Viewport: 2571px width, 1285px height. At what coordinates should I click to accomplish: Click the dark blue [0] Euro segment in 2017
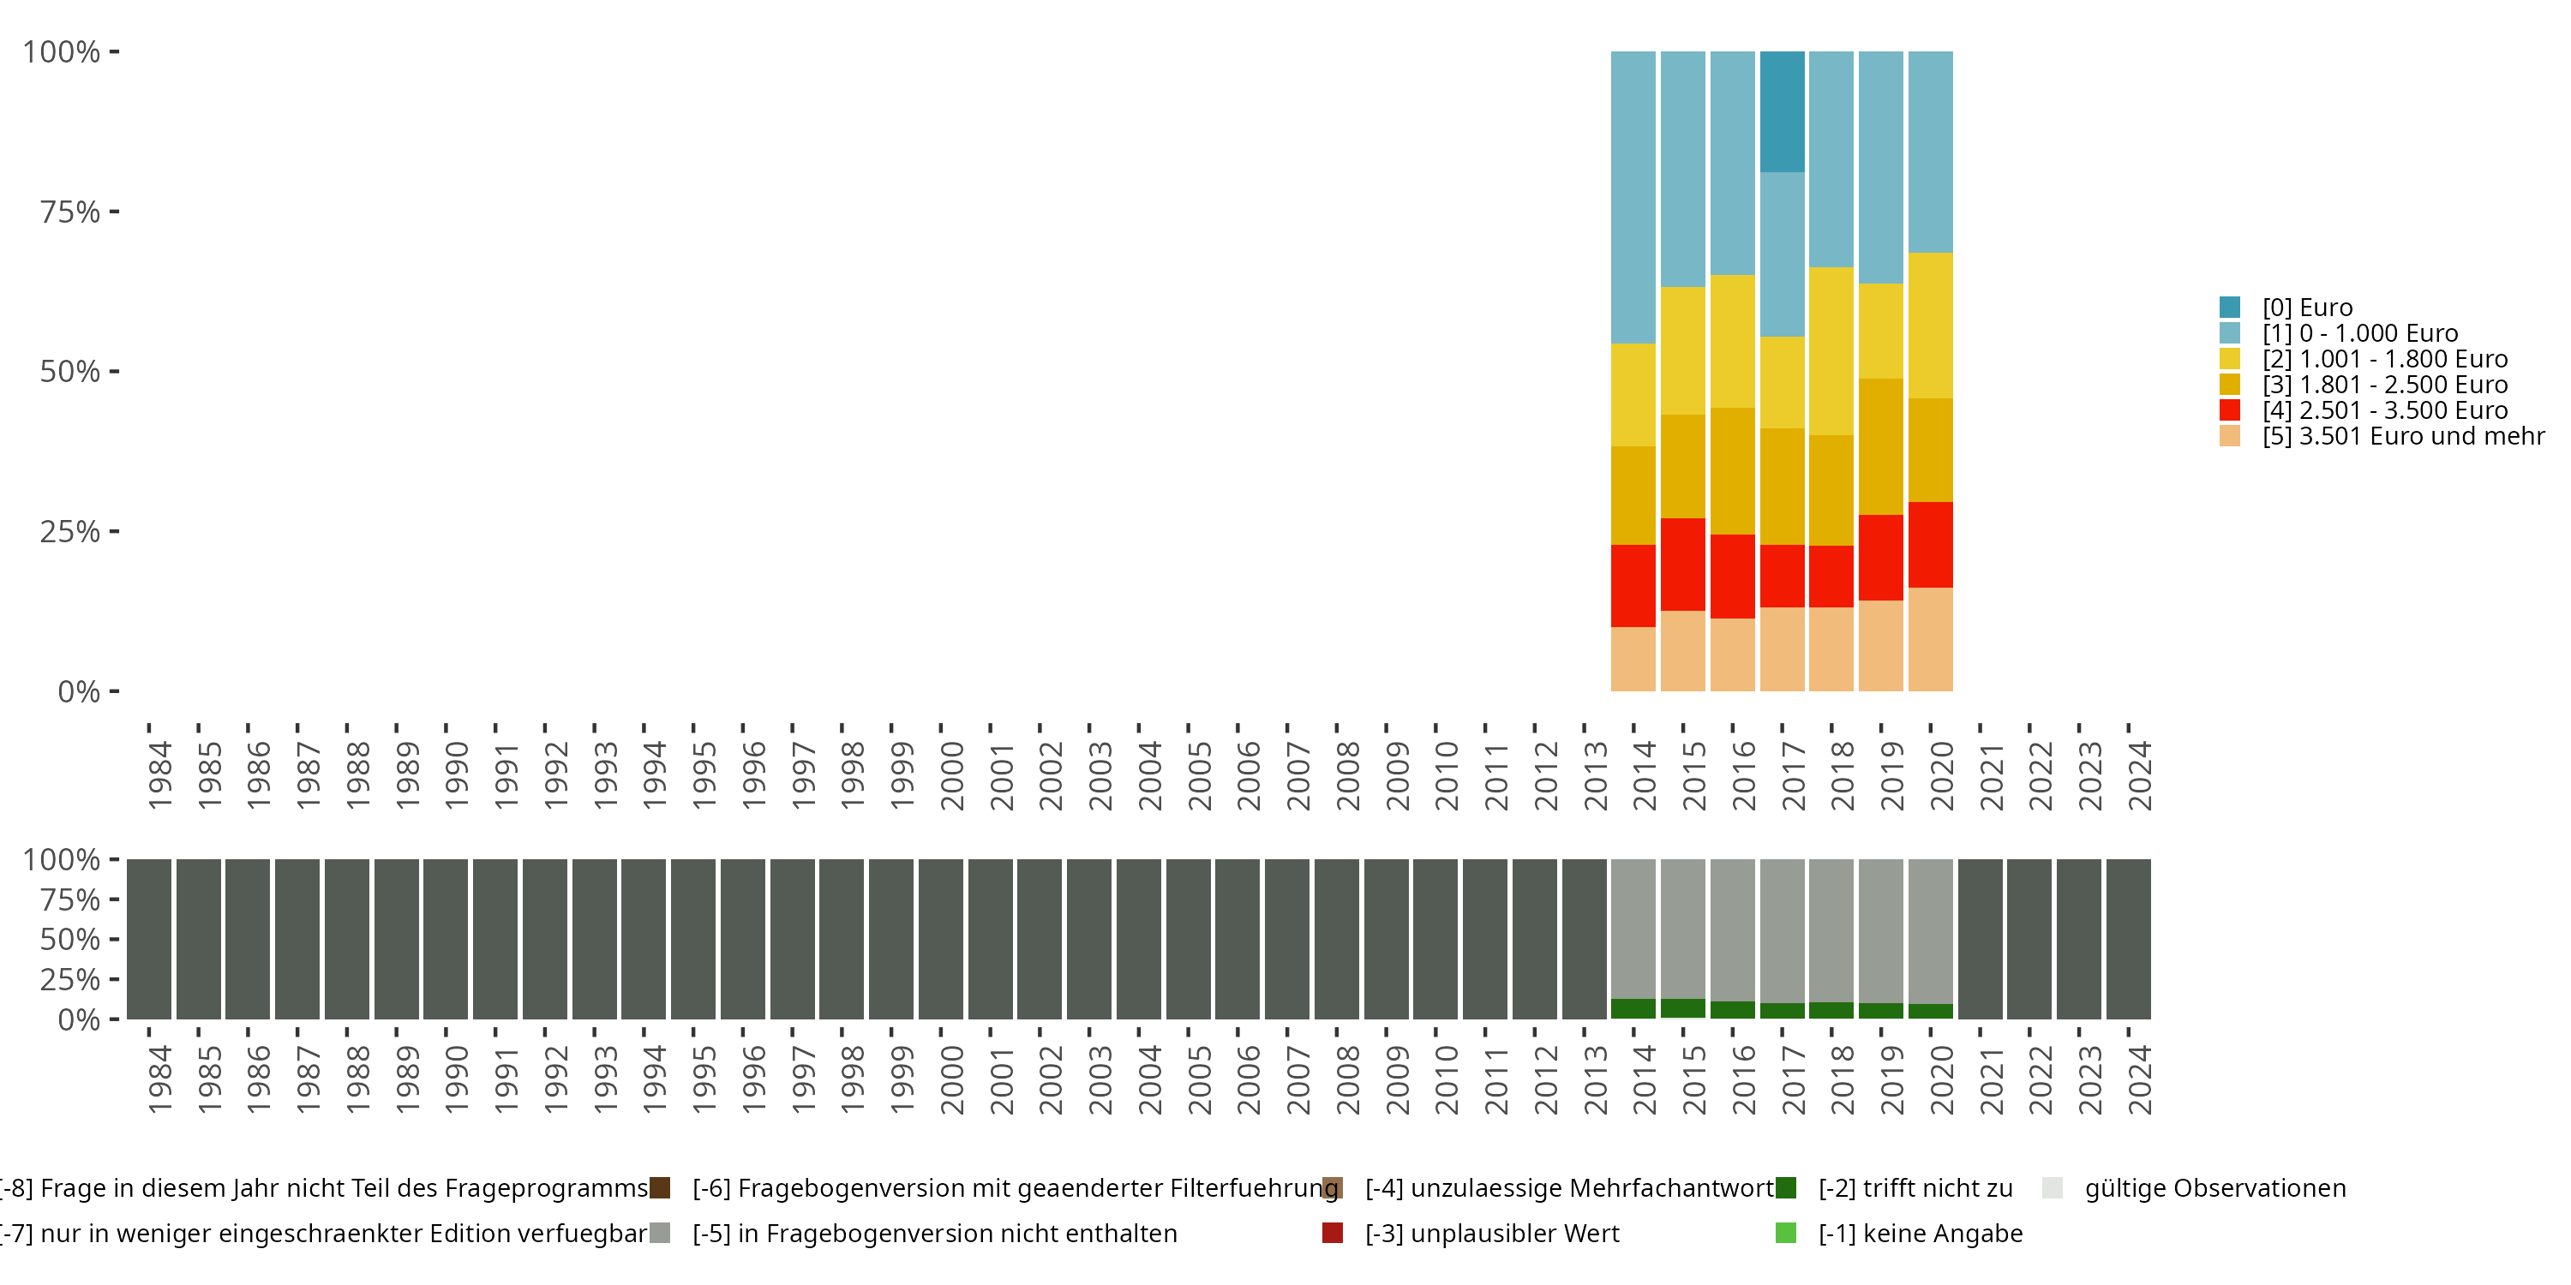[x=1782, y=111]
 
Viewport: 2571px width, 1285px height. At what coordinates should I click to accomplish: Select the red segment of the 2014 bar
[x=1633, y=586]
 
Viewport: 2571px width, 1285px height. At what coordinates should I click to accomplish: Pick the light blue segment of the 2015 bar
[x=1683, y=169]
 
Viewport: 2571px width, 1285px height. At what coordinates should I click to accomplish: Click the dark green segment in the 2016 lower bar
[x=1733, y=1010]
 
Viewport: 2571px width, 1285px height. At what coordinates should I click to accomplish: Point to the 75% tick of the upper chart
[x=70, y=212]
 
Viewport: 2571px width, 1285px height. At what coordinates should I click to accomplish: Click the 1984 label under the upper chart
[x=159, y=775]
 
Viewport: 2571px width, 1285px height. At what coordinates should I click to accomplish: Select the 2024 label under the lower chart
[x=2140, y=1079]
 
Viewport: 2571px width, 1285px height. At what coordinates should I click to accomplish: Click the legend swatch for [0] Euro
[x=2230, y=308]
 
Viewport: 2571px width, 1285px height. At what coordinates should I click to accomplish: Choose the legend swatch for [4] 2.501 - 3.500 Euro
[x=2230, y=410]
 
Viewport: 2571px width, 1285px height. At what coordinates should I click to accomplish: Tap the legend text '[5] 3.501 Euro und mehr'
[x=2403, y=436]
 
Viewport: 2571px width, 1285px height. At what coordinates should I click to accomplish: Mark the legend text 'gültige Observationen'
[x=2214, y=1188]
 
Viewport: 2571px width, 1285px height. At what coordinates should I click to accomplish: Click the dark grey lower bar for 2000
[x=940, y=938]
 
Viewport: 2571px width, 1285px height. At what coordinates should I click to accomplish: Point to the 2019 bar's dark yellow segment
[x=1880, y=446]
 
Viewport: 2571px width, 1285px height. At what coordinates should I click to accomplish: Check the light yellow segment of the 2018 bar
[x=1831, y=350]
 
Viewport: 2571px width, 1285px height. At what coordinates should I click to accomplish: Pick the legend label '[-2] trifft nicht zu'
[x=1915, y=1188]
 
